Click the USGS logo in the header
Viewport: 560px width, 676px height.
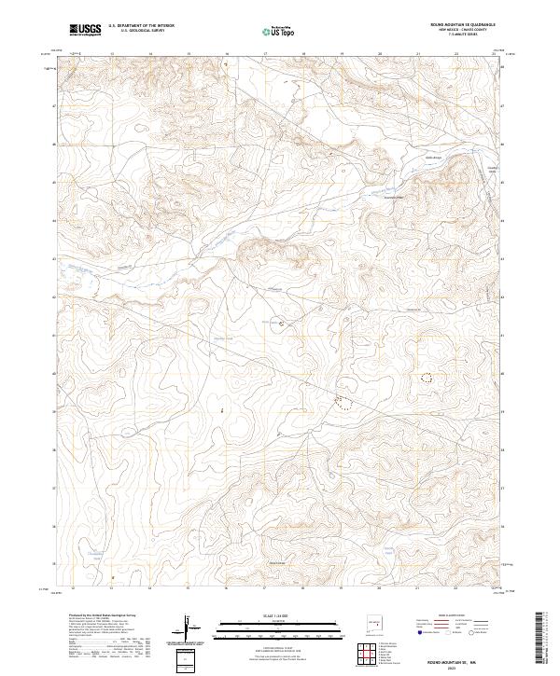point(87,30)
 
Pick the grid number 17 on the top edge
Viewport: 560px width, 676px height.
point(266,54)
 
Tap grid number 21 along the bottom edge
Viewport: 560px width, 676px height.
point(417,589)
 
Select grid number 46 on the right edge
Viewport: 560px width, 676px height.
point(501,145)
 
